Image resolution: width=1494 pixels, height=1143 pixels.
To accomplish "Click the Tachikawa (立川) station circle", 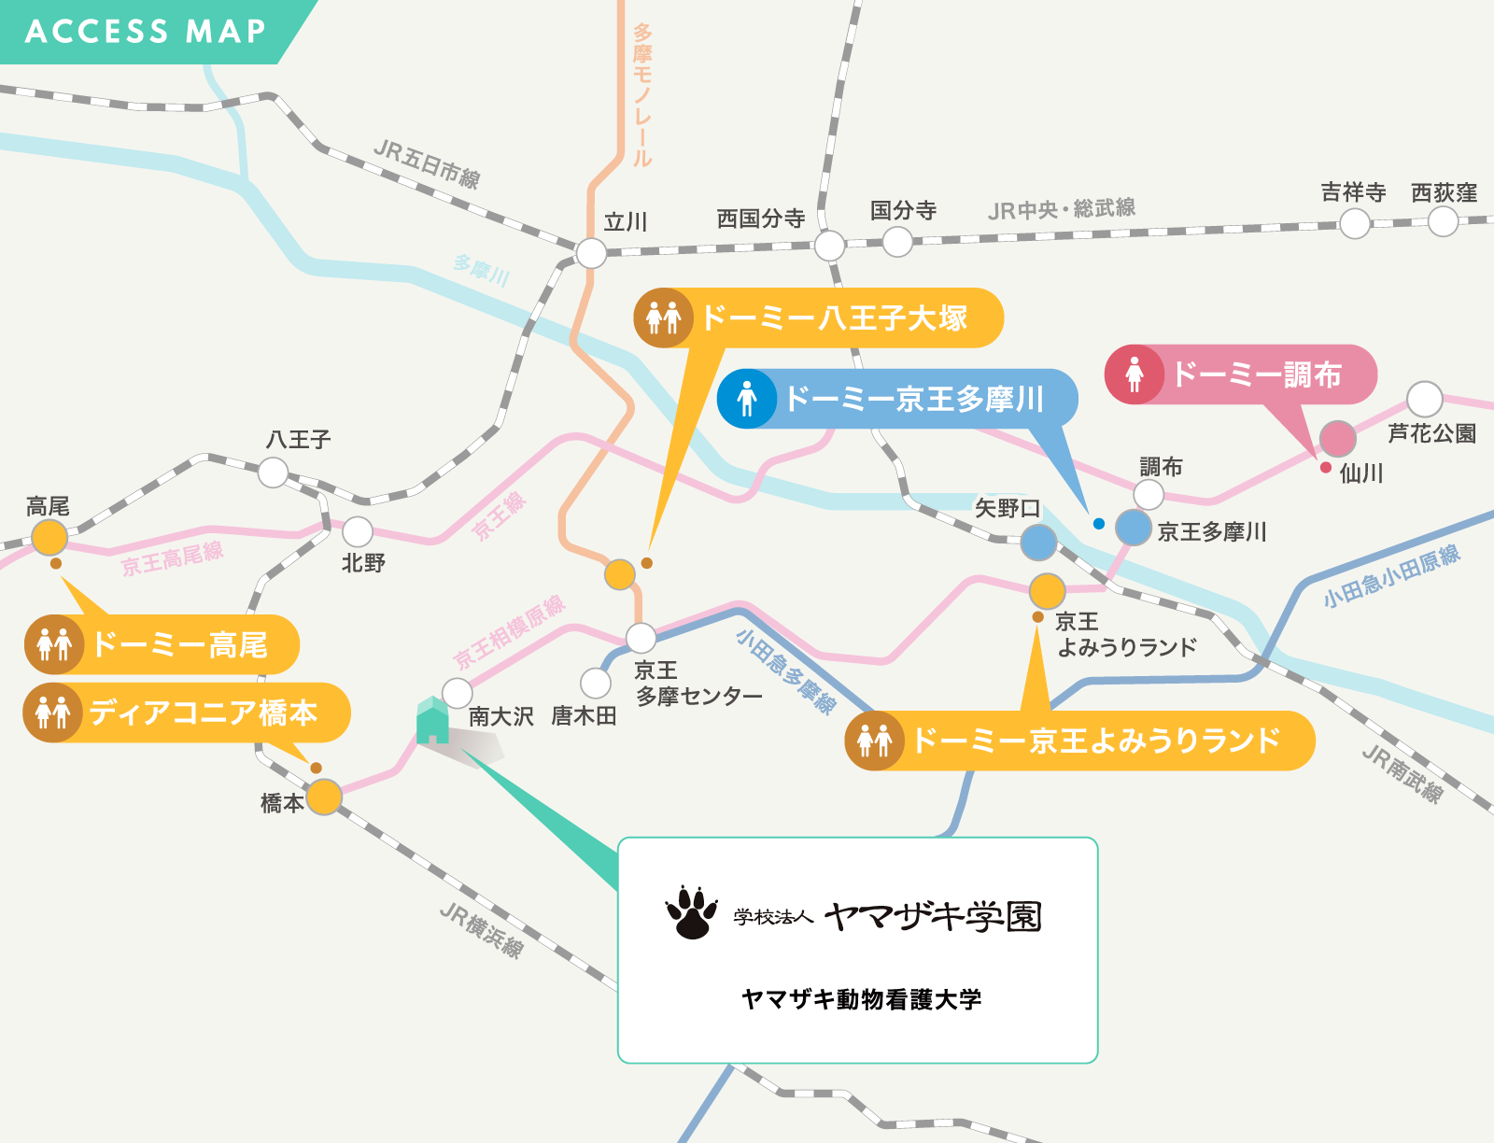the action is click(x=591, y=253).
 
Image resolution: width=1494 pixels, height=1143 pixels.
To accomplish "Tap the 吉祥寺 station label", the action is click(x=1353, y=192).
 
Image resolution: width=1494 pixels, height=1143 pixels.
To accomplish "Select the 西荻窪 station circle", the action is click(x=1443, y=221).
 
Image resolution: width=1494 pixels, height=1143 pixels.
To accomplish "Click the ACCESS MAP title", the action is click(x=146, y=31).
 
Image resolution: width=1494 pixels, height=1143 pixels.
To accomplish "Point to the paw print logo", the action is click(x=691, y=912).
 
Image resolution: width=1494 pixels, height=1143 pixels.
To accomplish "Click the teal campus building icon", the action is click(x=432, y=720).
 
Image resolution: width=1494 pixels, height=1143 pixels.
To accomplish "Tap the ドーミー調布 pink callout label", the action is click(x=1242, y=374).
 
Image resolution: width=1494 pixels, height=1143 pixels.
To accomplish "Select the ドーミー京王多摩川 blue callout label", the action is click(x=897, y=399).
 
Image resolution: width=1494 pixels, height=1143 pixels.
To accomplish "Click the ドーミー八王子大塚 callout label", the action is click(x=818, y=317).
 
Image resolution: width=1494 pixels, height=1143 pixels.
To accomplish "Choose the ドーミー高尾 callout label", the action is click(x=162, y=644).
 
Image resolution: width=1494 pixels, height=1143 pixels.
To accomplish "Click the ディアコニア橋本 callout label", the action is click(x=187, y=713).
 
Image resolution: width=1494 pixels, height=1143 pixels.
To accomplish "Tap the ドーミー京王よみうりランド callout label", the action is click(x=1079, y=741).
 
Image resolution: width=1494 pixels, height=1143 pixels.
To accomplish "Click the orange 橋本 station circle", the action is click(x=324, y=797).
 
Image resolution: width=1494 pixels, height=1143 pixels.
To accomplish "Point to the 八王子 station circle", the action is click(x=273, y=473).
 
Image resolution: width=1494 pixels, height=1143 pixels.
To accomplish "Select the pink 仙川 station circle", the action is click(x=1337, y=438).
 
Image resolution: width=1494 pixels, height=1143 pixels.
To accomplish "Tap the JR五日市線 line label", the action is click(x=427, y=164).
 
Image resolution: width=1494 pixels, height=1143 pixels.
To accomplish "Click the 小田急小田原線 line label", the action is click(x=1390, y=575).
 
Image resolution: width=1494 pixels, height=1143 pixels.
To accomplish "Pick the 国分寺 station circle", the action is click(x=897, y=241).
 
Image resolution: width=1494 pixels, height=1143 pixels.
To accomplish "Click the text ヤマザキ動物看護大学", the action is click(x=861, y=999).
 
